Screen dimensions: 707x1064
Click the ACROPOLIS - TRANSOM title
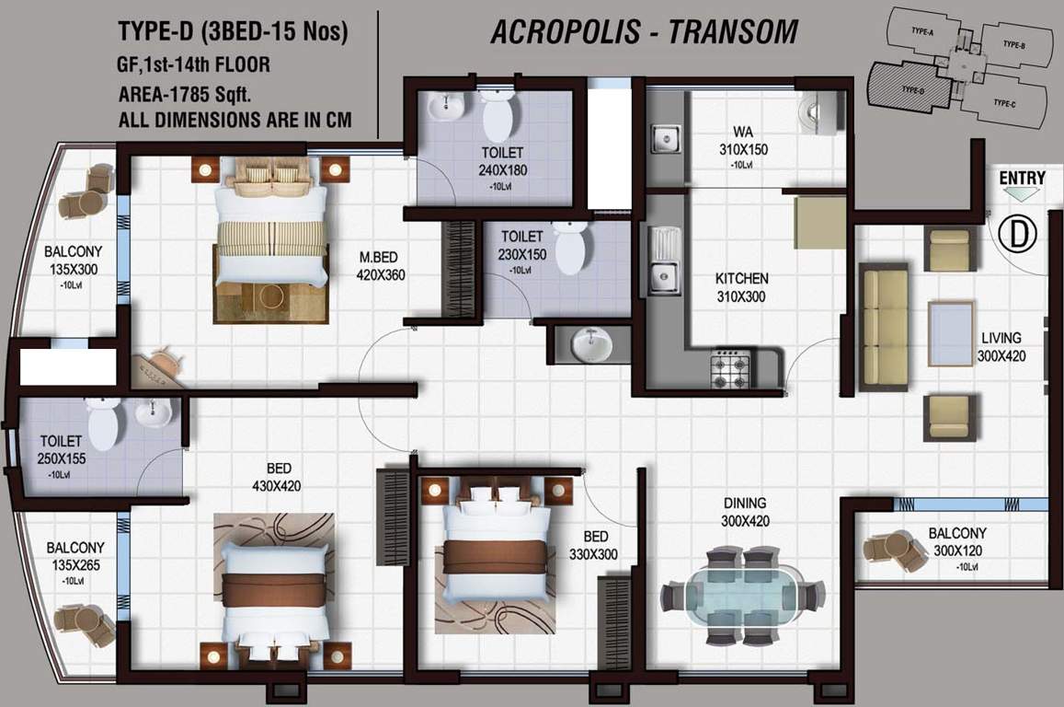click(644, 32)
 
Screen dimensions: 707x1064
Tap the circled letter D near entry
click(1018, 234)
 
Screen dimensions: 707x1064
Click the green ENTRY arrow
click(1022, 193)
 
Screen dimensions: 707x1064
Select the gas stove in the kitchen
click(731, 368)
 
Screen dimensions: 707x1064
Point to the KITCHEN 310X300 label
click(741, 287)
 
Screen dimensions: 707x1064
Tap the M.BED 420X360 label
click(382, 266)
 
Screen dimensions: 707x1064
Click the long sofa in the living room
click(883, 328)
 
